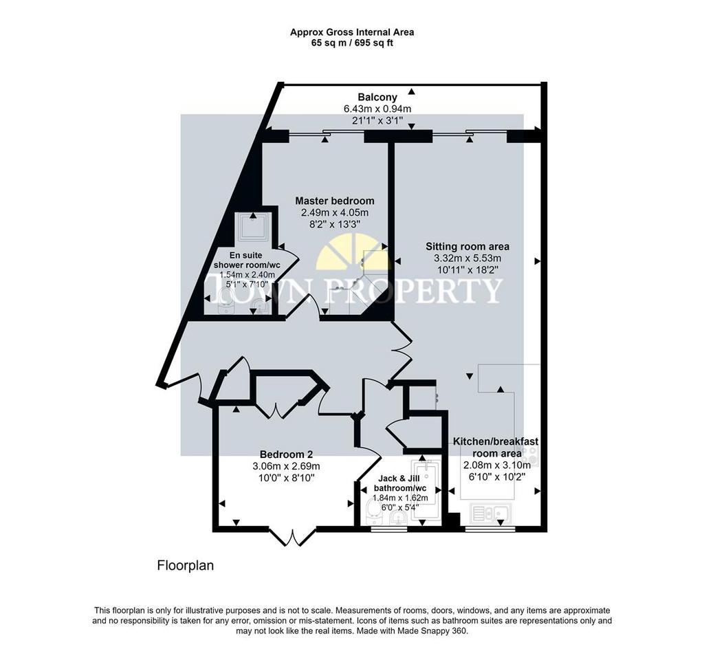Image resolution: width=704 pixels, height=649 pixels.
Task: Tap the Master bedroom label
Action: point(335,201)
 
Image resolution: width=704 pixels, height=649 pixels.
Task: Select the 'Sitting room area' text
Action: point(467,246)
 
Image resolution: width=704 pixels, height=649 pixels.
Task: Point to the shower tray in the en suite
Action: point(253,227)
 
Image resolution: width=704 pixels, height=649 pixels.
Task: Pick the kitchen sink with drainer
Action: point(491,513)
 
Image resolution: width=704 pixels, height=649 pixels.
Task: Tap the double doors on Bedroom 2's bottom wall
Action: point(293,536)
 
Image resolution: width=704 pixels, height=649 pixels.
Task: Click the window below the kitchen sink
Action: point(490,529)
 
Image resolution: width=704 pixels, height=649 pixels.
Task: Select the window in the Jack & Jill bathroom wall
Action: point(390,529)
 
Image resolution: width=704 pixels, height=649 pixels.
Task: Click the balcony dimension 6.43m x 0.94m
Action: point(377,109)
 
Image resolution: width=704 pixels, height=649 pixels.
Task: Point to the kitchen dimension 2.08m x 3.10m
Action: point(496,465)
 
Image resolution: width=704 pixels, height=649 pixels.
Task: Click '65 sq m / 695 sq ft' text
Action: point(352,43)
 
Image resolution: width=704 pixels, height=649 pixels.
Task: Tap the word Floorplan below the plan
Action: point(186,566)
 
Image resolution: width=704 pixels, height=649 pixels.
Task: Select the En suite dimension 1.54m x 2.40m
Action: point(247,275)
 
